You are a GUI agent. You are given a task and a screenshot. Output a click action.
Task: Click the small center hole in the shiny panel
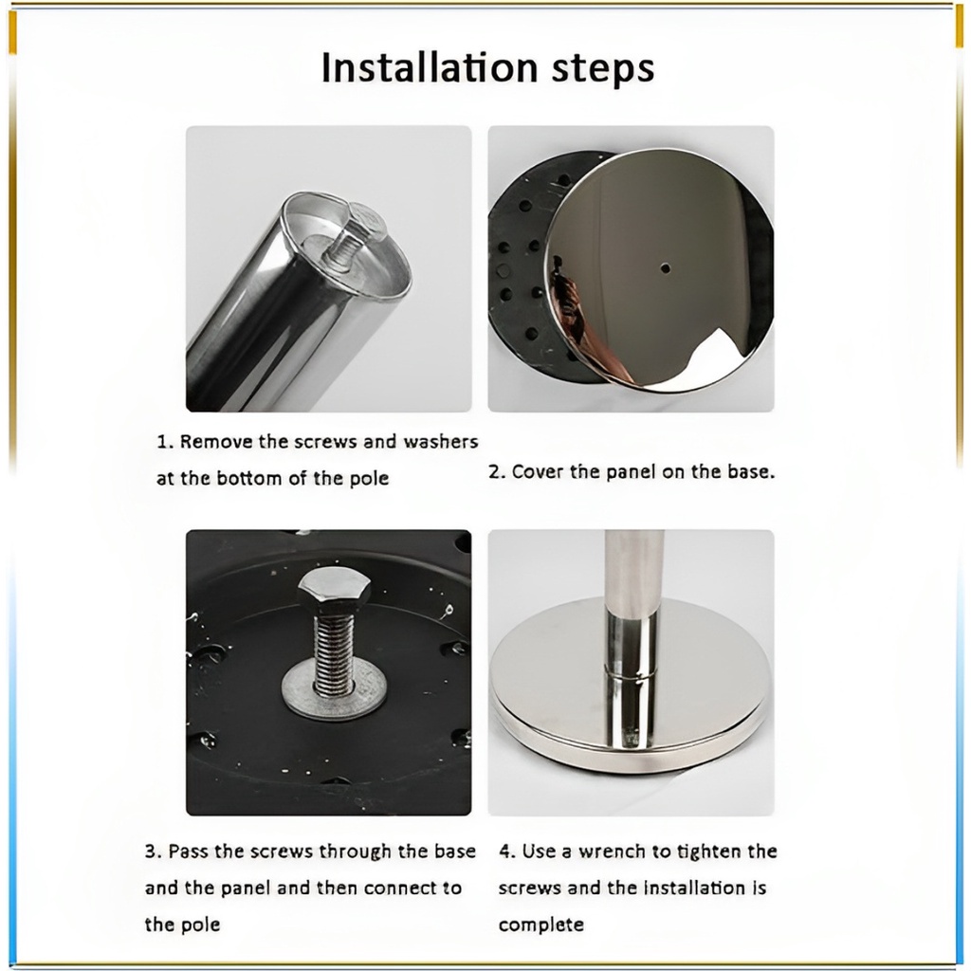click(x=665, y=268)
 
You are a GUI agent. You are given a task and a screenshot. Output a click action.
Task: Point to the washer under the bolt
click(x=335, y=689)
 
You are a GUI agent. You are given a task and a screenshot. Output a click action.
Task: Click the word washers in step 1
click(x=440, y=442)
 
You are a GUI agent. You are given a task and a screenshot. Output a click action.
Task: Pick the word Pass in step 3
click(x=189, y=852)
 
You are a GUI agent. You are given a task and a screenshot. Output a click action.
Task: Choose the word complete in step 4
click(x=540, y=925)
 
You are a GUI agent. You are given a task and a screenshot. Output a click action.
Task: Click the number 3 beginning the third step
click(x=151, y=852)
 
